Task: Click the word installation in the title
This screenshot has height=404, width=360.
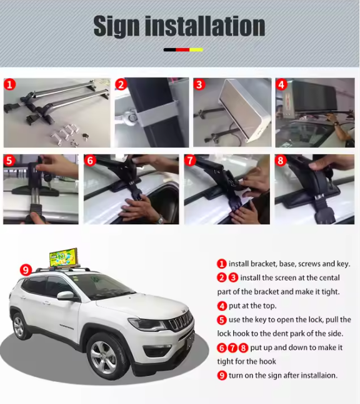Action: coord(205,26)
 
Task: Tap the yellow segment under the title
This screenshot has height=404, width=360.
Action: coord(196,50)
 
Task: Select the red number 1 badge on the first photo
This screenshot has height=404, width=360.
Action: coord(10,84)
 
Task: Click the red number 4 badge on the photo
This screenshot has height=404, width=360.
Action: coord(281,84)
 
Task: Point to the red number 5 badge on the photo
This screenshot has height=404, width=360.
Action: coord(9,161)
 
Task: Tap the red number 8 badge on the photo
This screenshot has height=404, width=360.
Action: coord(281,161)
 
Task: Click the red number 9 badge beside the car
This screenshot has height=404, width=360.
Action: coord(26,270)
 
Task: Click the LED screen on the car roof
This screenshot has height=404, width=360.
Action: coord(63,258)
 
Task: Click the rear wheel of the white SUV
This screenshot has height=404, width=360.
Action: coord(19,326)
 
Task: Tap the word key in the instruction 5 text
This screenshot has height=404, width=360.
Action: coord(261,320)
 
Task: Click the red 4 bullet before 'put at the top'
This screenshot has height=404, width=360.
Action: coord(222,306)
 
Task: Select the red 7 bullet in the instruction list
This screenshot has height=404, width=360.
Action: coord(232,348)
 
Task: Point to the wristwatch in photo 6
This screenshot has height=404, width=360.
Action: coord(160,220)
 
